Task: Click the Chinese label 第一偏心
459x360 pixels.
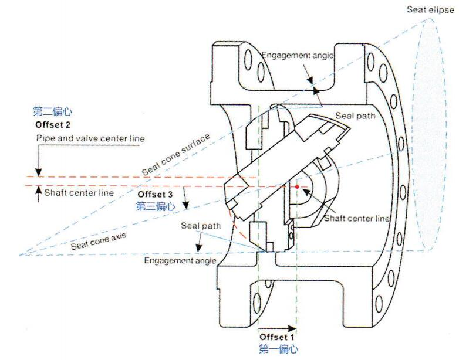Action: pyautogui.click(x=278, y=349)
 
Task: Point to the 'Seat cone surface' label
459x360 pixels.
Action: pyautogui.click(x=176, y=155)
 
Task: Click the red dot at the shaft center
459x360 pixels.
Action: pyautogui.click(x=298, y=187)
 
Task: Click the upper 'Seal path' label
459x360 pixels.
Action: pyautogui.click(x=355, y=116)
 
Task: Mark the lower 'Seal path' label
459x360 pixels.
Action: pyautogui.click(x=201, y=225)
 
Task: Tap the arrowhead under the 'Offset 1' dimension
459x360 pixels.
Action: pyautogui.click(x=293, y=327)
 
